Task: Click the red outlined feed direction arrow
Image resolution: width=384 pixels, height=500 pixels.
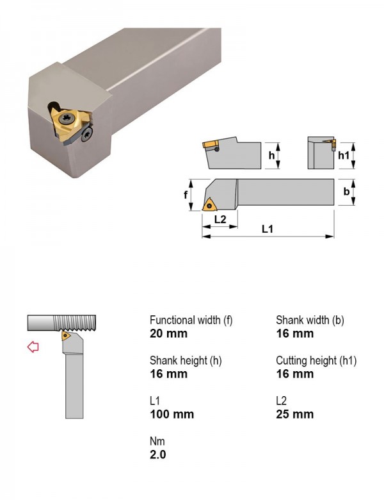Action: point(33,347)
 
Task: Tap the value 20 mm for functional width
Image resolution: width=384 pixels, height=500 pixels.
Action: point(168,333)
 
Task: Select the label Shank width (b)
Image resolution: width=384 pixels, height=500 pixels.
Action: point(310,320)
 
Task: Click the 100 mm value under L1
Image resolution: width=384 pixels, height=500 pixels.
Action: point(172,414)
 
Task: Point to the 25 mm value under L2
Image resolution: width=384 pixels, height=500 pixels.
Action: point(295,414)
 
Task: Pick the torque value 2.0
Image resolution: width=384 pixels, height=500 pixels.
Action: point(158,454)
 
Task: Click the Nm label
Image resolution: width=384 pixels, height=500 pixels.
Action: point(157,441)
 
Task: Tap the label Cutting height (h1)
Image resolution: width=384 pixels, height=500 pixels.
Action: point(316,360)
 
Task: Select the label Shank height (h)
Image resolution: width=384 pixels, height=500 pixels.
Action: point(186,360)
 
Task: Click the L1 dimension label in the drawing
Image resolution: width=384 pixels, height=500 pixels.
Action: point(268,229)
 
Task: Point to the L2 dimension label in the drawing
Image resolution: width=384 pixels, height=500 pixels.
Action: point(220,219)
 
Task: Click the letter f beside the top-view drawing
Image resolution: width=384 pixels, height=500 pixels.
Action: point(186,194)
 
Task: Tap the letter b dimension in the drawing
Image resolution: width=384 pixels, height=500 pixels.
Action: point(346,191)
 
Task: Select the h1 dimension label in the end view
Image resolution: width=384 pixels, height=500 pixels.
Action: point(344,155)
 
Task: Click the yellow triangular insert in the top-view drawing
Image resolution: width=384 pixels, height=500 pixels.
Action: point(210,205)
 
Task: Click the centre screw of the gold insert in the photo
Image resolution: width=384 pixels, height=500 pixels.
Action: point(67,119)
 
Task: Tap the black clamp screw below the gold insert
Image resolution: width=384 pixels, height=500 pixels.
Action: point(87,134)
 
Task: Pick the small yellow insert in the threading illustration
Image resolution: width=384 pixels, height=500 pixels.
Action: point(65,335)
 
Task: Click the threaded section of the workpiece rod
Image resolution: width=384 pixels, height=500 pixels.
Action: point(74,322)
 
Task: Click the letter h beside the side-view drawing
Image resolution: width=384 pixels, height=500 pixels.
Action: point(271,155)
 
